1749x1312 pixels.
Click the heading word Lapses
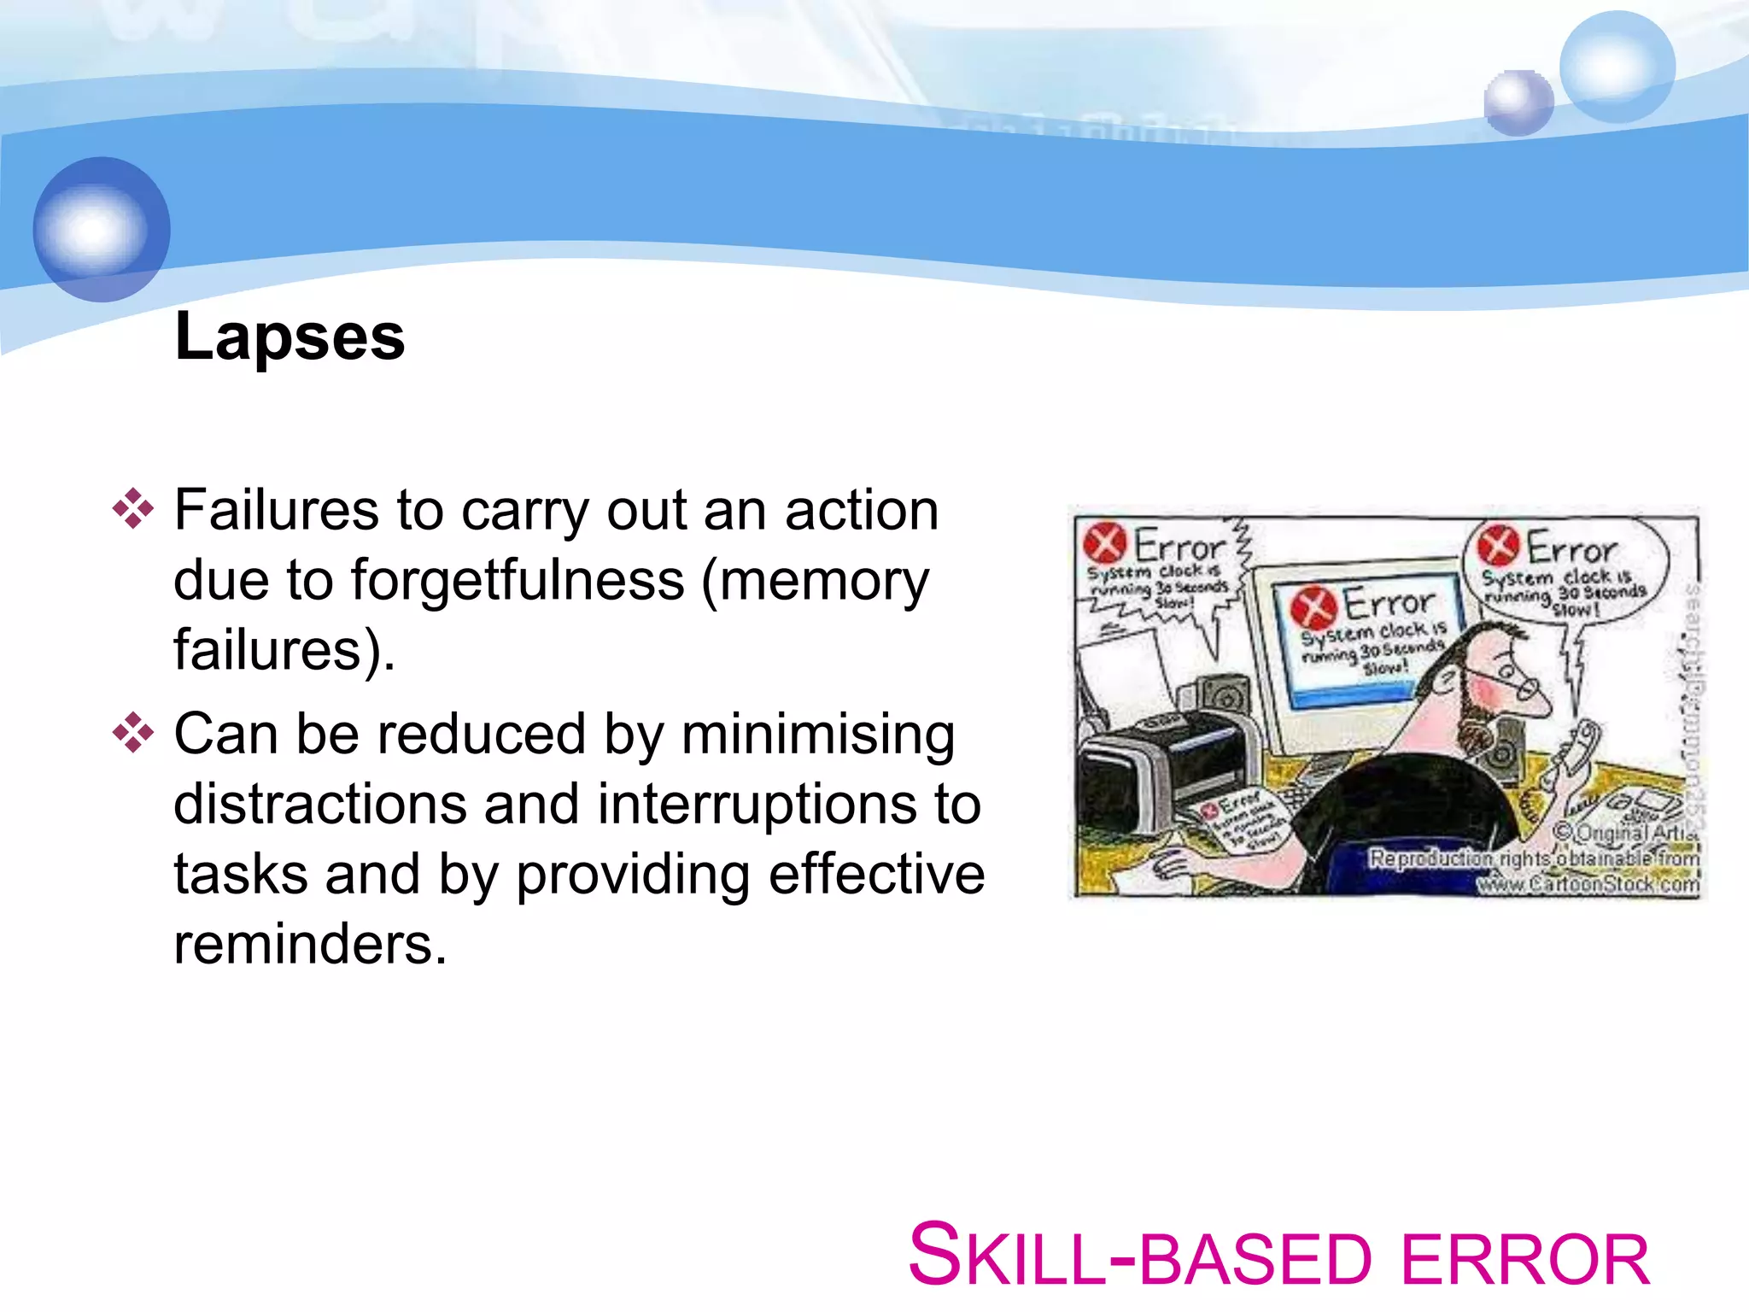pyautogui.click(x=290, y=338)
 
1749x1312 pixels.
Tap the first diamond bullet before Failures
pyautogui.click(x=132, y=509)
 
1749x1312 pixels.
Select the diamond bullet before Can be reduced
pyautogui.click(x=132, y=733)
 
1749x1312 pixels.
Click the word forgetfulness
pyautogui.click(x=518, y=581)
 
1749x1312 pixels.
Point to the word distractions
pyautogui.click(x=319, y=805)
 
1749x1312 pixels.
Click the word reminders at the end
pyautogui.click(x=309, y=945)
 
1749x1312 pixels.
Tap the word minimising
pyautogui.click(x=817, y=735)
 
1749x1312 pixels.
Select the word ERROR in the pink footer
pyautogui.click(x=1524, y=1261)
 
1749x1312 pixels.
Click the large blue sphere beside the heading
pyautogui.click(x=102, y=229)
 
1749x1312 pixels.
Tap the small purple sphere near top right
pyautogui.click(x=1518, y=102)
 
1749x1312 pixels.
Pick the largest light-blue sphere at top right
pyautogui.click(x=1616, y=67)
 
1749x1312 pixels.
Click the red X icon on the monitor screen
pyautogui.click(x=1313, y=607)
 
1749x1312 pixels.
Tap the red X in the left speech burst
pyautogui.click(x=1103, y=543)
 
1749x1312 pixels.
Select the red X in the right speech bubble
pyautogui.click(x=1498, y=546)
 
